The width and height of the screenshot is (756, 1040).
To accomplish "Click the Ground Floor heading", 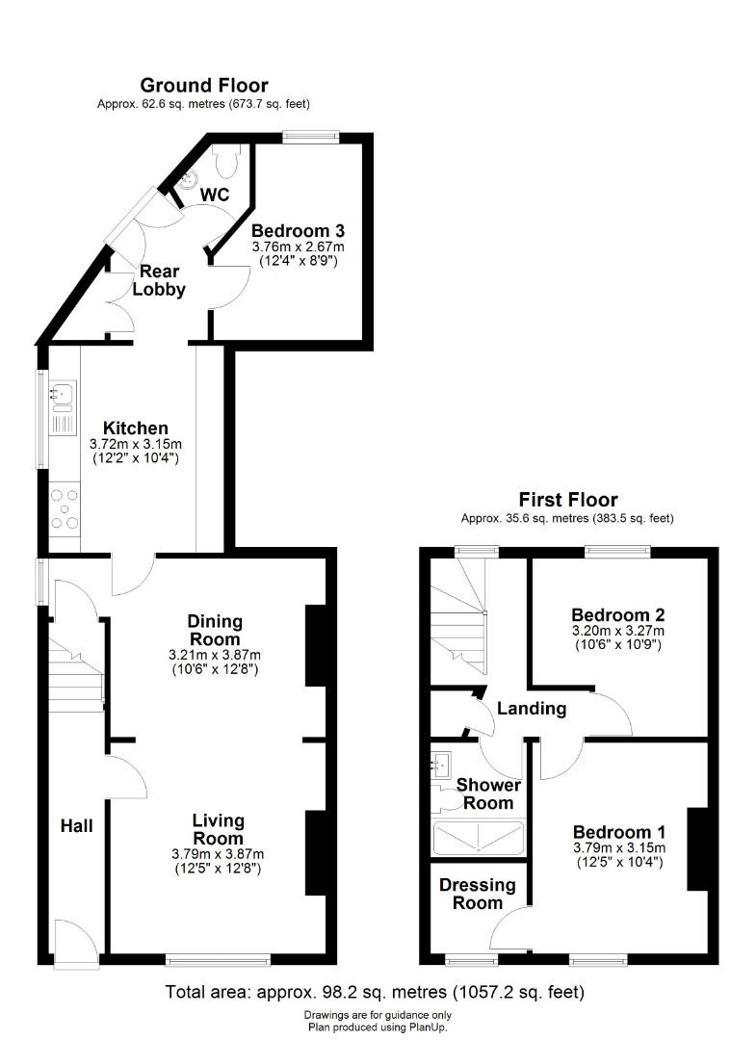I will pyautogui.click(x=204, y=86).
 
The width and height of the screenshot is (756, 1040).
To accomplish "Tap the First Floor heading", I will pyautogui.click(x=568, y=499).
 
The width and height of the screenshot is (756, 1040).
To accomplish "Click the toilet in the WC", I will pyautogui.click(x=227, y=162).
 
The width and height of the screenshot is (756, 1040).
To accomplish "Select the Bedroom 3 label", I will pyautogui.click(x=298, y=231).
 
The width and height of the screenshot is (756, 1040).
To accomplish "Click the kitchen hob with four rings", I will pyautogui.click(x=65, y=508).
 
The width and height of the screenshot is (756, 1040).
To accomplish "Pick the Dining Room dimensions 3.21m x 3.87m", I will pyautogui.click(x=216, y=655).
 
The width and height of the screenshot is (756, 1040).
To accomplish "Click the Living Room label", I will pyautogui.click(x=219, y=830).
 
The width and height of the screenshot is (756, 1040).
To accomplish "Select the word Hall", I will pyautogui.click(x=77, y=825).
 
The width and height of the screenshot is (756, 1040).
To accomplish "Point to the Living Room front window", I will pyautogui.click(x=218, y=958).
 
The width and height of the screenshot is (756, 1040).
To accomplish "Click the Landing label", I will pyautogui.click(x=532, y=709).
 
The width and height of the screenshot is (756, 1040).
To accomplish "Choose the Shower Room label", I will pyautogui.click(x=488, y=793).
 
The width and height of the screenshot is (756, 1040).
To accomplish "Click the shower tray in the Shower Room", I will pyautogui.click(x=479, y=838).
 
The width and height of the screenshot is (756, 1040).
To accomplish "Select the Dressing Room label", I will pyautogui.click(x=471, y=894).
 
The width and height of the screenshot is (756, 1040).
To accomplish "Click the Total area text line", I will pyautogui.click(x=375, y=992).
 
